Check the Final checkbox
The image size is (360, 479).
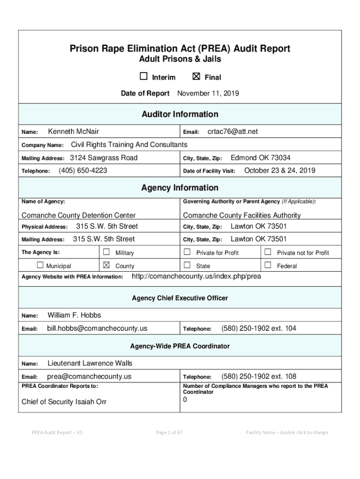coord(196,77)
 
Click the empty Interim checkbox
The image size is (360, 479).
coord(144,77)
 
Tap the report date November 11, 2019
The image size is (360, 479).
coord(208,94)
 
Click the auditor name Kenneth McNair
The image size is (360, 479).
coord(73,132)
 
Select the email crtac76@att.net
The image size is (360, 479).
coord(232,132)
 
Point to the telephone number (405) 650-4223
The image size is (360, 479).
coord(83,171)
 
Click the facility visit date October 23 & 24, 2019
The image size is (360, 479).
coord(280,171)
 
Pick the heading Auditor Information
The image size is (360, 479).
coord(180,114)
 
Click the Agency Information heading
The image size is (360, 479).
coord(180,188)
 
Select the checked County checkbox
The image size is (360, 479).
coord(106,265)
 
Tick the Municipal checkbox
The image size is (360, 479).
coord(40,265)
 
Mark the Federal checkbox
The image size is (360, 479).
coord(268,265)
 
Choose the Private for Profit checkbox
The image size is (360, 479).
coord(187,252)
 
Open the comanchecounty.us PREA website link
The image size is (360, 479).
coord(196,276)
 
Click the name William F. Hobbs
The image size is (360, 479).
coord(74,315)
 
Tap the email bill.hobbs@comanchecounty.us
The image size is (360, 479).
coord(97,329)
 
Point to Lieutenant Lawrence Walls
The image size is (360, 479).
coord(90,363)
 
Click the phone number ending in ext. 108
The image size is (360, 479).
coord(259,377)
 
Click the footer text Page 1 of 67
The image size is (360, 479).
coord(169,432)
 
